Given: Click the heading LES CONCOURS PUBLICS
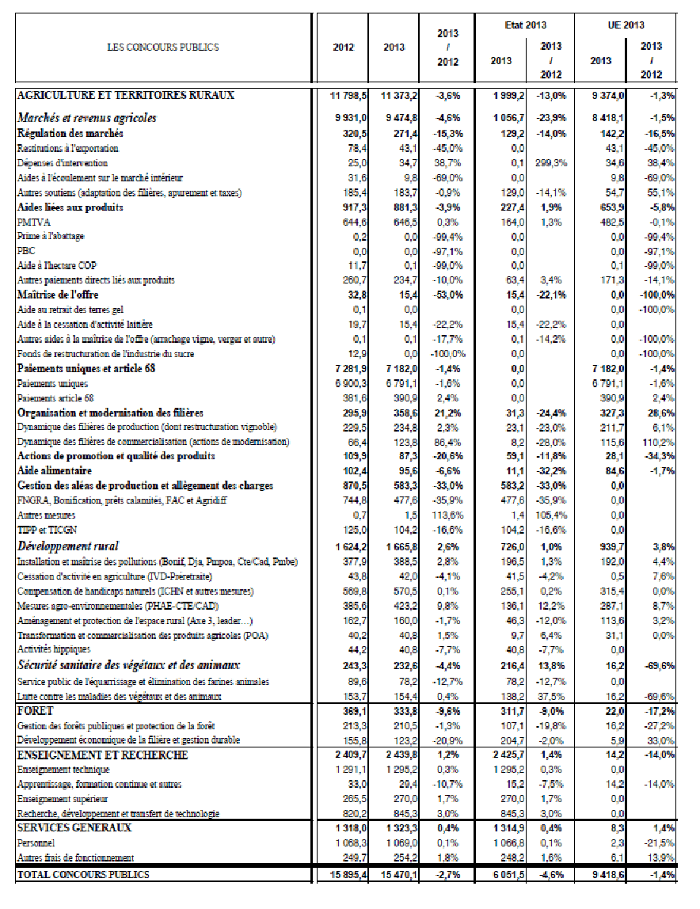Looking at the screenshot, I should coord(162,48).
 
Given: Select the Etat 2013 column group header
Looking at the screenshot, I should coord(526,25).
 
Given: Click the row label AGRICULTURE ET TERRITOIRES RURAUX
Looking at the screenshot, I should coord(126,95).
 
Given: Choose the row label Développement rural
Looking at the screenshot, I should coord(68,546).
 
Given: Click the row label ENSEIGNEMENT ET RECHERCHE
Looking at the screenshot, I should coord(102,755).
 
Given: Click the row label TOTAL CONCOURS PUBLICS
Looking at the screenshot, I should coord(83,875).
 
